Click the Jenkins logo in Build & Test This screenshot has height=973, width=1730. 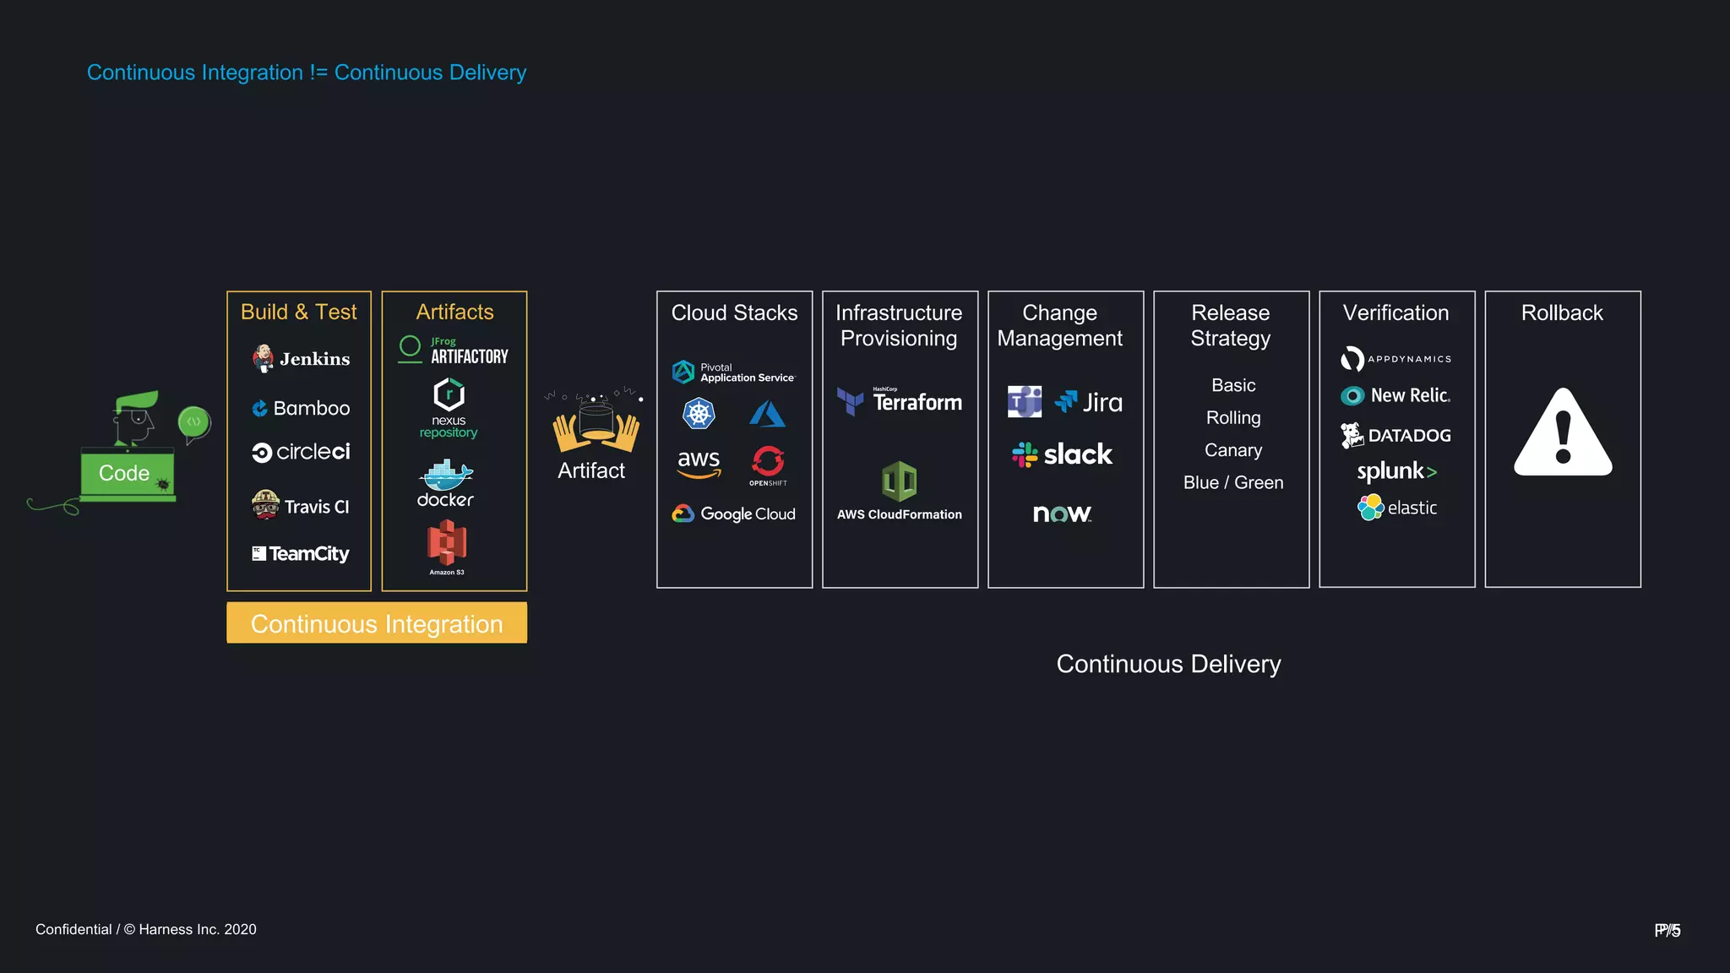click(x=301, y=359)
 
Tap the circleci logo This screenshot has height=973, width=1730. click(x=301, y=453)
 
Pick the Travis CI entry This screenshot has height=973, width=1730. click(x=301, y=506)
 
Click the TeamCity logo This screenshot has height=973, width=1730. click(x=301, y=554)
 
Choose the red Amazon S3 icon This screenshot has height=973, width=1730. click(x=447, y=542)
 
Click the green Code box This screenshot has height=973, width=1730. click(x=127, y=473)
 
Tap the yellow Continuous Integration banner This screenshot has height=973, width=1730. click(x=377, y=623)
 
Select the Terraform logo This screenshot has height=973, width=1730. click(x=900, y=402)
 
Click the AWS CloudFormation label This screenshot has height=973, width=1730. click(x=900, y=514)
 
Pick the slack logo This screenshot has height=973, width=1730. click(x=1063, y=455)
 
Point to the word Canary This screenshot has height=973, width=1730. click(x=1233, y=450)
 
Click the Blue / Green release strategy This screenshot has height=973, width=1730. click(x=1233, y=483)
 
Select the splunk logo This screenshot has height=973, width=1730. click(x=1396, y=471)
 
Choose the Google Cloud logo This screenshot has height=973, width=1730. click(x=734, y=514)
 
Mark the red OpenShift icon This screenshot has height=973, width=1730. click(x=768, y=462)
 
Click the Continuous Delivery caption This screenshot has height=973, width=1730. click(x=1168, y=665)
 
